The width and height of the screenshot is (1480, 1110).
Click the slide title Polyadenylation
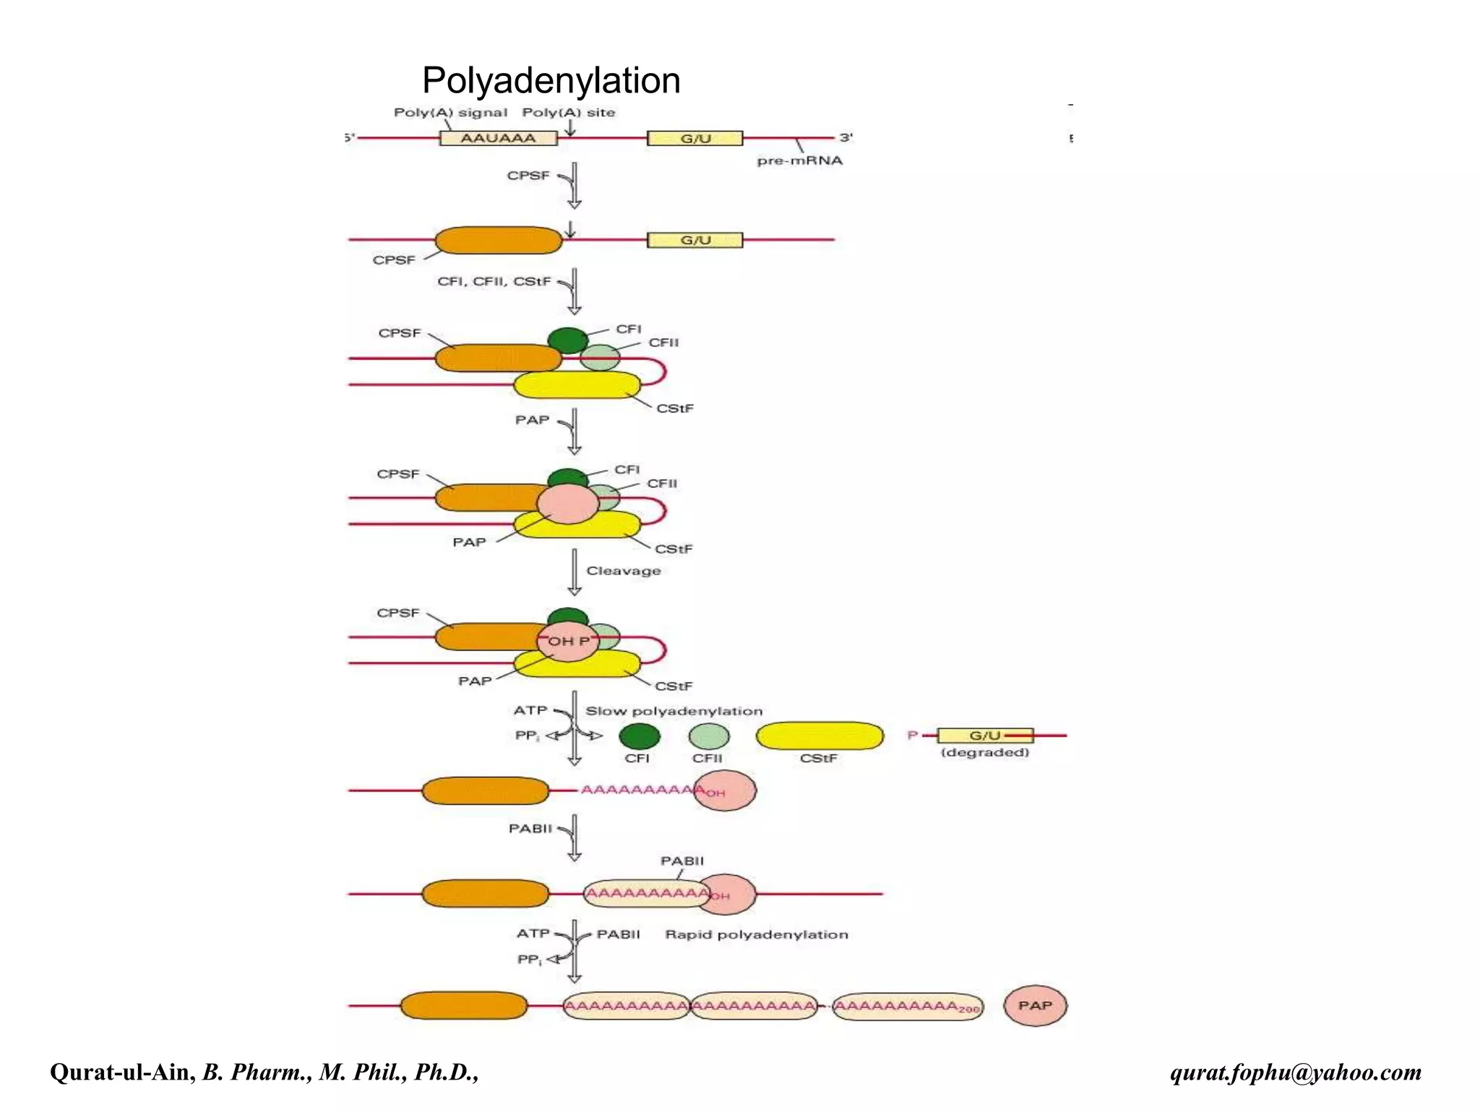point(551,80)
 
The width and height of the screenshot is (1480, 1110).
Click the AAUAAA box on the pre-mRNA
point(499,138)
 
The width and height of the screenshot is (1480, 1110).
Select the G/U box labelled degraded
point(985,736)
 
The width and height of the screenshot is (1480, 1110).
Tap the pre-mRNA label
point(799,160)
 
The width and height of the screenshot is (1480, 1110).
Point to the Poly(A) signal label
point(450,113)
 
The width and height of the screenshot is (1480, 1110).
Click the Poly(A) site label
point(569,113)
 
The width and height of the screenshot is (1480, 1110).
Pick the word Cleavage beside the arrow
point(624,571)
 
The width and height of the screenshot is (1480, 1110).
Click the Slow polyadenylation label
point(674,711)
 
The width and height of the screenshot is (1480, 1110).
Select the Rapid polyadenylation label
point(757,934)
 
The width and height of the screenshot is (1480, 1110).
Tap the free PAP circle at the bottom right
point(1035,1005)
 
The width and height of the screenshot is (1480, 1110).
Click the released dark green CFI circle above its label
point(640,736)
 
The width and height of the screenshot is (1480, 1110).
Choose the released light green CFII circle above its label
point(709,736)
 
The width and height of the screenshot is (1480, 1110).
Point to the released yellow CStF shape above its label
point(819,736)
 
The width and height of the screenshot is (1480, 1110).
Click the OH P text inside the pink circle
point(569,641)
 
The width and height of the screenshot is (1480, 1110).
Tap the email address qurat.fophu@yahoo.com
point(1296,1072)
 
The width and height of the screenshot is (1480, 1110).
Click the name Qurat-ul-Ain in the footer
point(122,1072)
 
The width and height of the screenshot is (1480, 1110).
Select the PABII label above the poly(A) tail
point(682,861)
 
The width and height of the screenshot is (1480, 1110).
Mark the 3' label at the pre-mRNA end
point(846,137)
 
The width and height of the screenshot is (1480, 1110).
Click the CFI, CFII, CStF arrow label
point(494,281)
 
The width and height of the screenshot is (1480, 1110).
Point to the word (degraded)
point(985,752)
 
